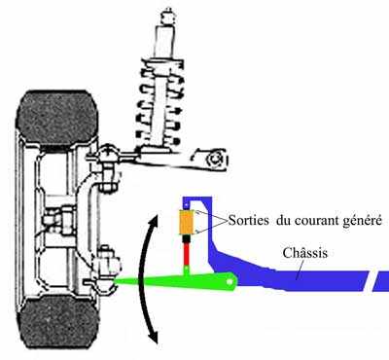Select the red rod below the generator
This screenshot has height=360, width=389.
[x=185, y=258]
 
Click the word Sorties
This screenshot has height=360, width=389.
[x=235, y=221]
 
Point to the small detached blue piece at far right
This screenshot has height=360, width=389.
[x=379, y=283]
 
